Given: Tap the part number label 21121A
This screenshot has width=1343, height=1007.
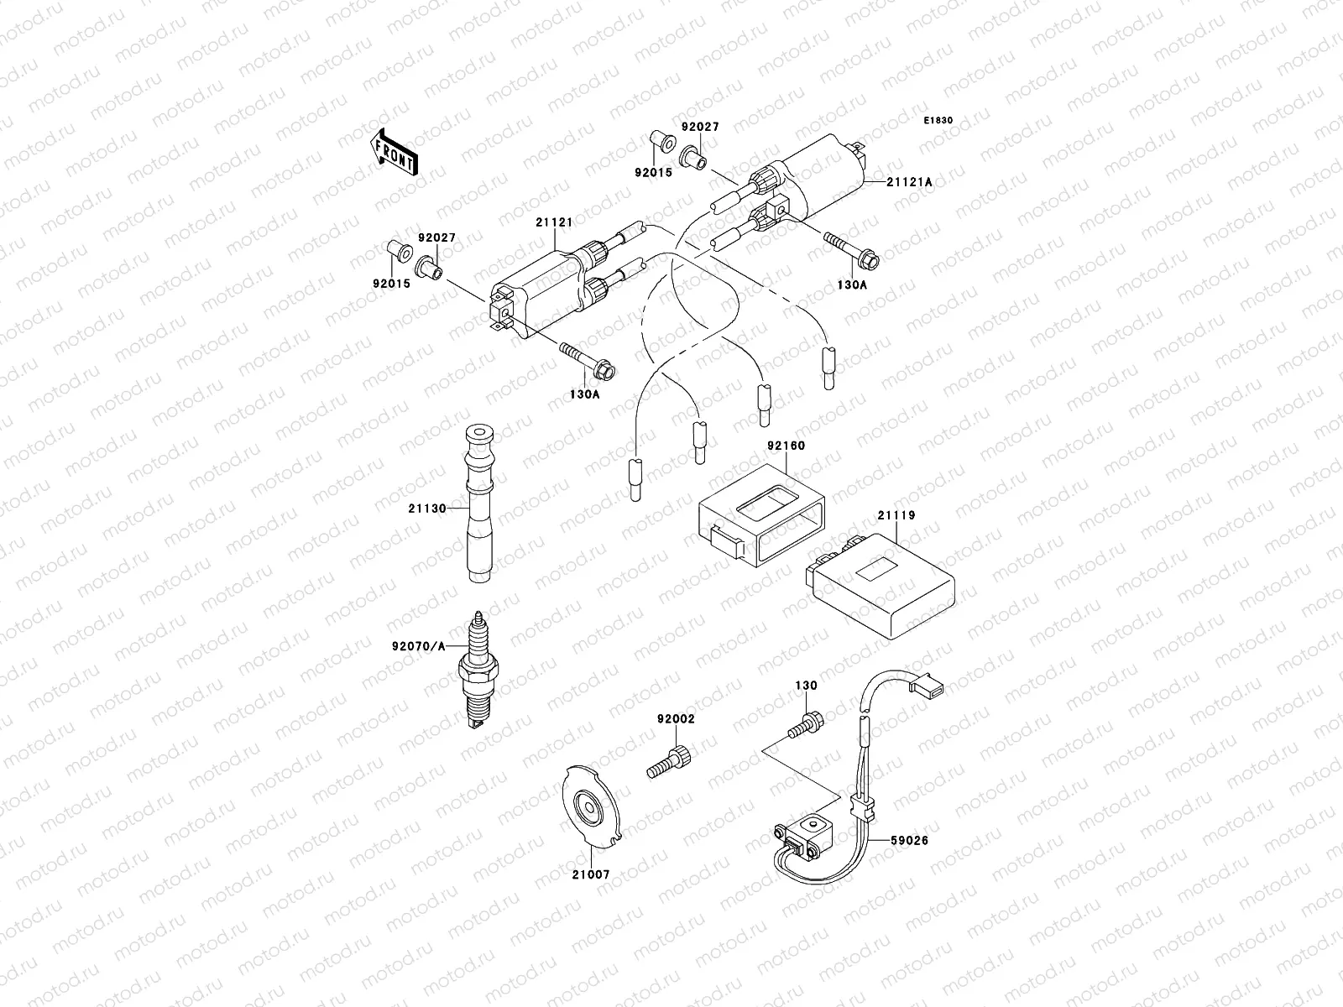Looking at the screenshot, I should (911, 181).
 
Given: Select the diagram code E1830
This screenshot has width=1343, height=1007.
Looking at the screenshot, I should (938, 121).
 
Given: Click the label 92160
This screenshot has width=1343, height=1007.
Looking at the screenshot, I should (785, 446).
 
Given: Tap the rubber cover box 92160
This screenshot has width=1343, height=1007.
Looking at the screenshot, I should (760, 515).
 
